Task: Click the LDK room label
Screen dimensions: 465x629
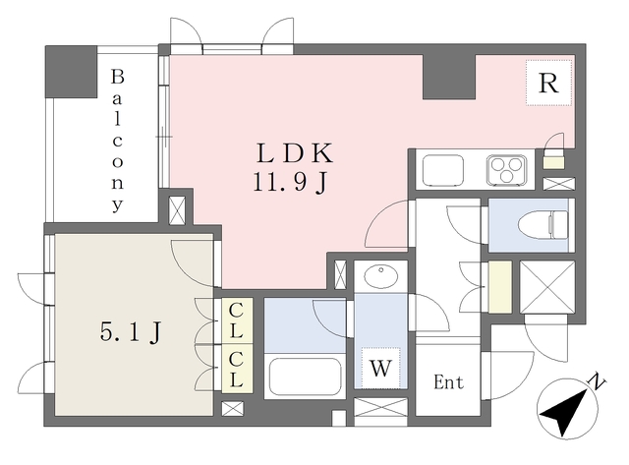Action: coord(296,153)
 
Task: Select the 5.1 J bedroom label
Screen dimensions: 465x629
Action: coord(130,332)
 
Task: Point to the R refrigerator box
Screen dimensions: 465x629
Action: coord(546,85)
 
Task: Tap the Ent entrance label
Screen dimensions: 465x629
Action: coord(449,381)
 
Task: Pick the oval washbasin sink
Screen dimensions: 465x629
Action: coord(378,275)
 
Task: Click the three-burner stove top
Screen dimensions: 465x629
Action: coord(507,169)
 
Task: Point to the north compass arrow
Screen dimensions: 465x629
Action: coord(564,411)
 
